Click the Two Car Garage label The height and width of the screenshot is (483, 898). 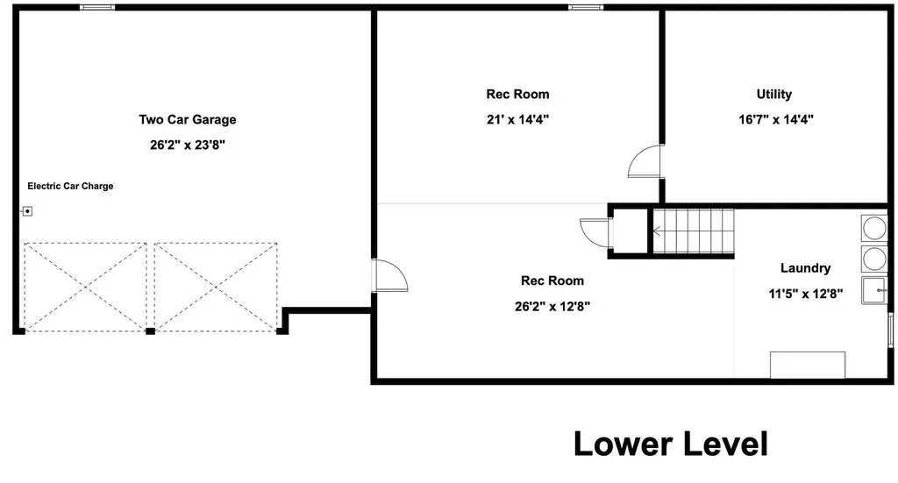click(x=188, y=119)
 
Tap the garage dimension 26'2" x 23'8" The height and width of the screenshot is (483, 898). click(x=188, y=145)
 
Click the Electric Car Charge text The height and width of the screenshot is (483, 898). click(x=70, y=186)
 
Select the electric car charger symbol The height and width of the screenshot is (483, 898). click(x=27, y=211)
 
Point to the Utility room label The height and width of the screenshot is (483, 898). click(x=774, y=94)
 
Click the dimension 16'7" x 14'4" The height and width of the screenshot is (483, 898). click(x=776, y=119)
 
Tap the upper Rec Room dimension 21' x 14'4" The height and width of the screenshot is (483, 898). click(x=517, y=119)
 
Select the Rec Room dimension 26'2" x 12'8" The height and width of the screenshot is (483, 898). click(x=552, y=307)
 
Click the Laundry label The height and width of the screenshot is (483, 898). click(x=805, y=268)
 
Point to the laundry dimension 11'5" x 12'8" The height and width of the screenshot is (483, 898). click(x=805, y=295)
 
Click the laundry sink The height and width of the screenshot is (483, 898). click(x=874, y=290)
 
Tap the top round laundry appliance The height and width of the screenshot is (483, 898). click(x=874, y=228)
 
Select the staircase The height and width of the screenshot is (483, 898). click(x=694, y=231)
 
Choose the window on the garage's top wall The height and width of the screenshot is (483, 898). click(x=96, y=7)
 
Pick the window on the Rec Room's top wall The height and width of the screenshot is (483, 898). click(x=585, y=7)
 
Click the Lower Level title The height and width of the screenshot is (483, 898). click(x=671, y=444)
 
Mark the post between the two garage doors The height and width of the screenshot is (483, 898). click(x=150, y=331)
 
